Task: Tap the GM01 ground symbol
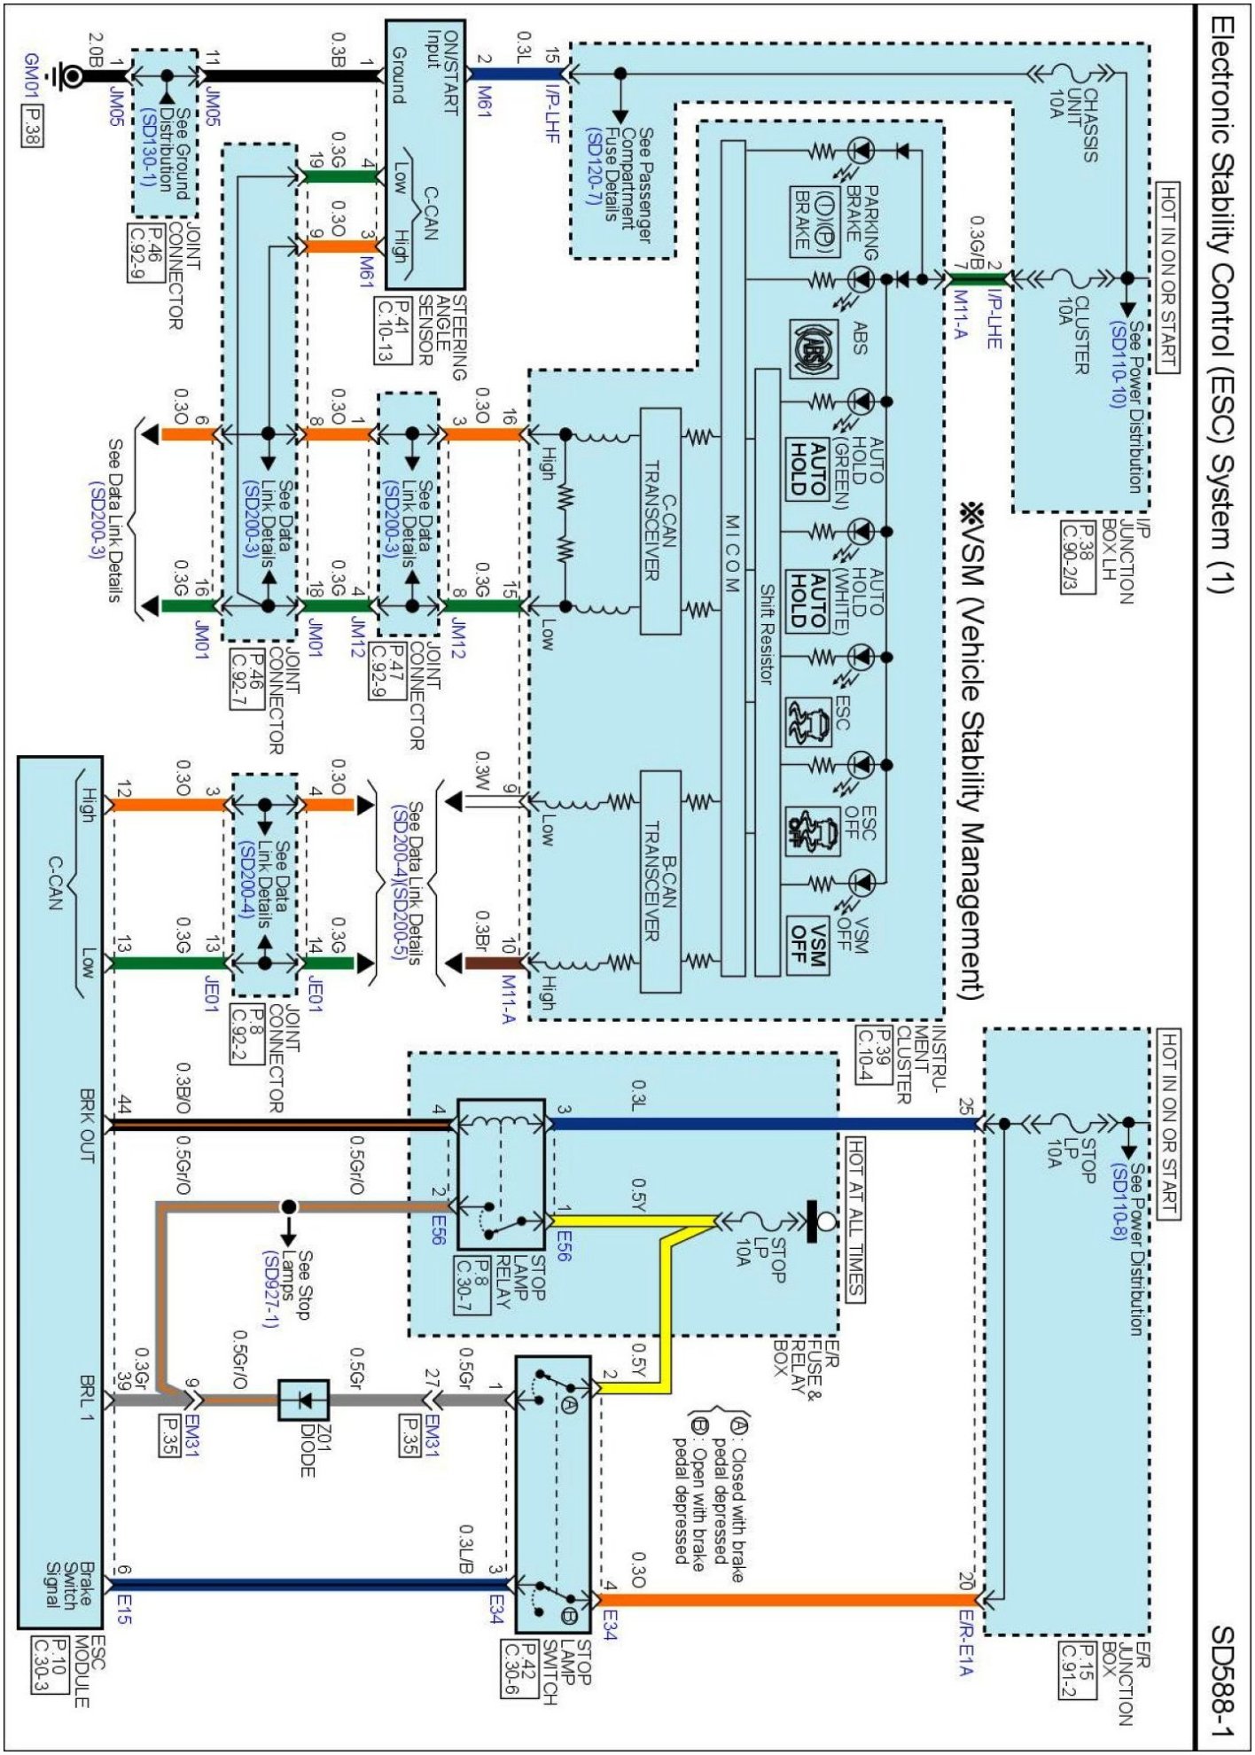point(67,76)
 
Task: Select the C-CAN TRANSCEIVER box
point(660,521)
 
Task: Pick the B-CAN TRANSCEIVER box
point(660,881)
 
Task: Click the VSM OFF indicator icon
point(807,945)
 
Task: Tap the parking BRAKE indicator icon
point(815,221)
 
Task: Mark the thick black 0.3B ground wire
point(292,76)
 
